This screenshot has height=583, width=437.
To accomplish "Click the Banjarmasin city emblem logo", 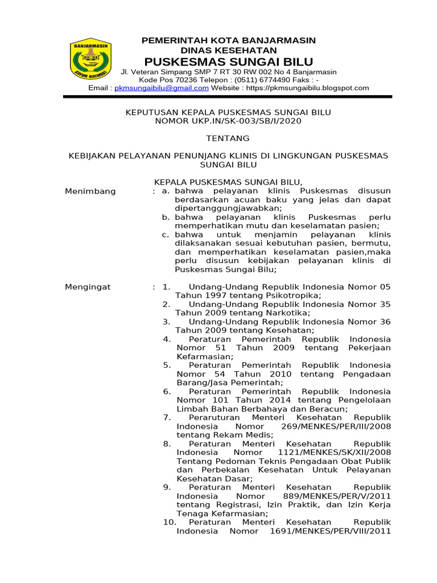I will pyautogui.click(x=90, y=59).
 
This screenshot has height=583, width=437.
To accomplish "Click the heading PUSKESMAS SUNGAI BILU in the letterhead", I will pyautogui.click(x=228, y=61).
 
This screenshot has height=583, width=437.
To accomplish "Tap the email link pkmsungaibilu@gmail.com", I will pyautogui.click(x=162, y=88).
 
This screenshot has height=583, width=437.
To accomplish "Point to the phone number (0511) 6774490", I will pyautogui.click(x=258, y=80).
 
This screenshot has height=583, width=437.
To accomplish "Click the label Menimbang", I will pyautogui.click(x=90, y=191).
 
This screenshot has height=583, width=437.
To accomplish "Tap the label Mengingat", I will pyautogui.click(x=88, y=287).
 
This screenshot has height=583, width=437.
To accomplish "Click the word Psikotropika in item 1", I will pyautogui.click(x=292, y=295).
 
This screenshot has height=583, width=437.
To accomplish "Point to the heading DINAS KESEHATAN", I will pyautogui.click(x=228, y=51).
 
